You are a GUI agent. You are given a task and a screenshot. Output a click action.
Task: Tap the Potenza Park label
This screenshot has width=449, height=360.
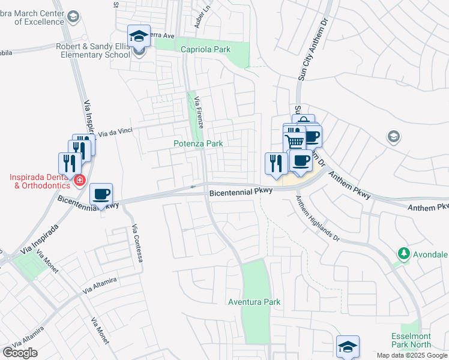pos(198,143)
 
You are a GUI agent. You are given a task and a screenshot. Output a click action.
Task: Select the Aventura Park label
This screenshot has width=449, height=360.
pos(255,302)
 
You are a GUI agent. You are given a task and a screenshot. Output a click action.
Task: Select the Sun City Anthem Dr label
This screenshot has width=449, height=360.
pos(306,54)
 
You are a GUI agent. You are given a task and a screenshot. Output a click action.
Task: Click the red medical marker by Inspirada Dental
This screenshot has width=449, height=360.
pos(79,179)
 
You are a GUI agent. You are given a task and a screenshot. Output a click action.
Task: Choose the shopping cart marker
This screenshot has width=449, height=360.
pos(294,141)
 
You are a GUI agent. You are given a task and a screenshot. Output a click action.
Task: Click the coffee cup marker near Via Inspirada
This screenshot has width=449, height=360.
pos(101,194)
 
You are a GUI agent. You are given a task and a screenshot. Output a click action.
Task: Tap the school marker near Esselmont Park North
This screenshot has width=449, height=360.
pos(348,346)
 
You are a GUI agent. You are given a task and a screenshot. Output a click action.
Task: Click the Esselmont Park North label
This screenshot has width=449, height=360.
pos(411,340)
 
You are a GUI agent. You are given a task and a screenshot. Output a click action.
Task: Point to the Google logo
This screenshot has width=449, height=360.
pos(20,353)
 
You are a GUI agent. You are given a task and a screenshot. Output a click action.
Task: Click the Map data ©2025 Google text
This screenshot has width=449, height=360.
pos(412,355)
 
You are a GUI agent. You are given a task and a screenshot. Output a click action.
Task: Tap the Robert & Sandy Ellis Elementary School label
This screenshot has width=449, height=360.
pos(93,50)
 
